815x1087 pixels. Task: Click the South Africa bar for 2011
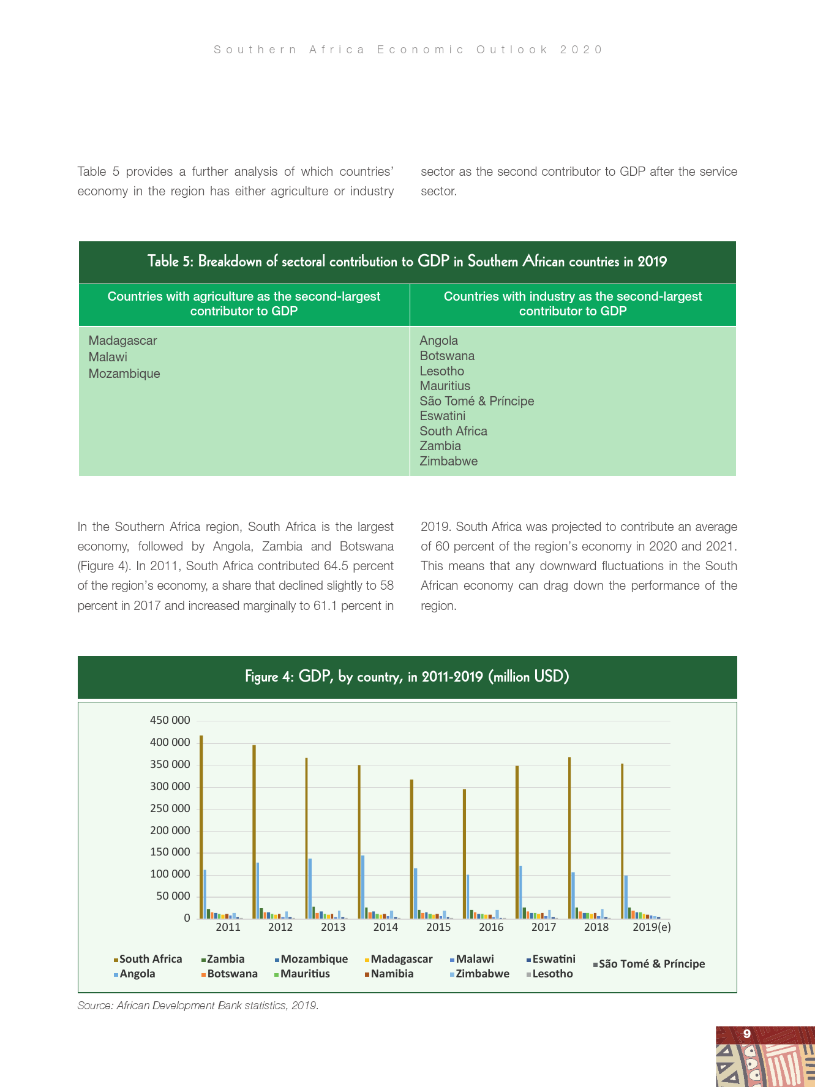(201, 827)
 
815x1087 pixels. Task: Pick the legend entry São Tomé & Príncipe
(651, 964)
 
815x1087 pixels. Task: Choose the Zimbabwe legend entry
(482, 974)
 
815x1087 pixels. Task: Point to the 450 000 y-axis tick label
(170, 720)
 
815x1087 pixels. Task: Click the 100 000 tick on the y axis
(170, 874)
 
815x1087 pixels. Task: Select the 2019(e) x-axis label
(652, 927)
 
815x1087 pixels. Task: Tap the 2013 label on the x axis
(333, 927)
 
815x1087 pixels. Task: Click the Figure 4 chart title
(407, 677)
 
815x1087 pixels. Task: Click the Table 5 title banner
(407, 261)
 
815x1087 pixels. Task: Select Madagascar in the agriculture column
(122, 340)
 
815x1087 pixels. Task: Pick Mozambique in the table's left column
(124, 374)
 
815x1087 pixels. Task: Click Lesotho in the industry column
(441, 371)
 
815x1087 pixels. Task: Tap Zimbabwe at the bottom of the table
(448, 461)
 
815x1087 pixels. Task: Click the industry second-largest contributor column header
(573, 304)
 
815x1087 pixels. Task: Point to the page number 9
(746, 1034)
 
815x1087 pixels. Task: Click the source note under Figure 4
(198, 1006)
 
